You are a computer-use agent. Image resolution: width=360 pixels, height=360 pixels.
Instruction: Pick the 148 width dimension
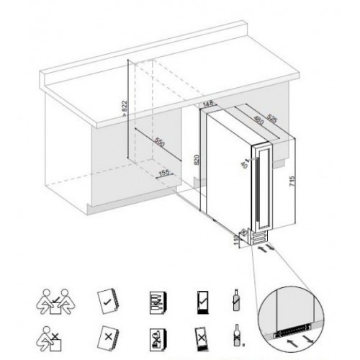[x=210, y=105]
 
